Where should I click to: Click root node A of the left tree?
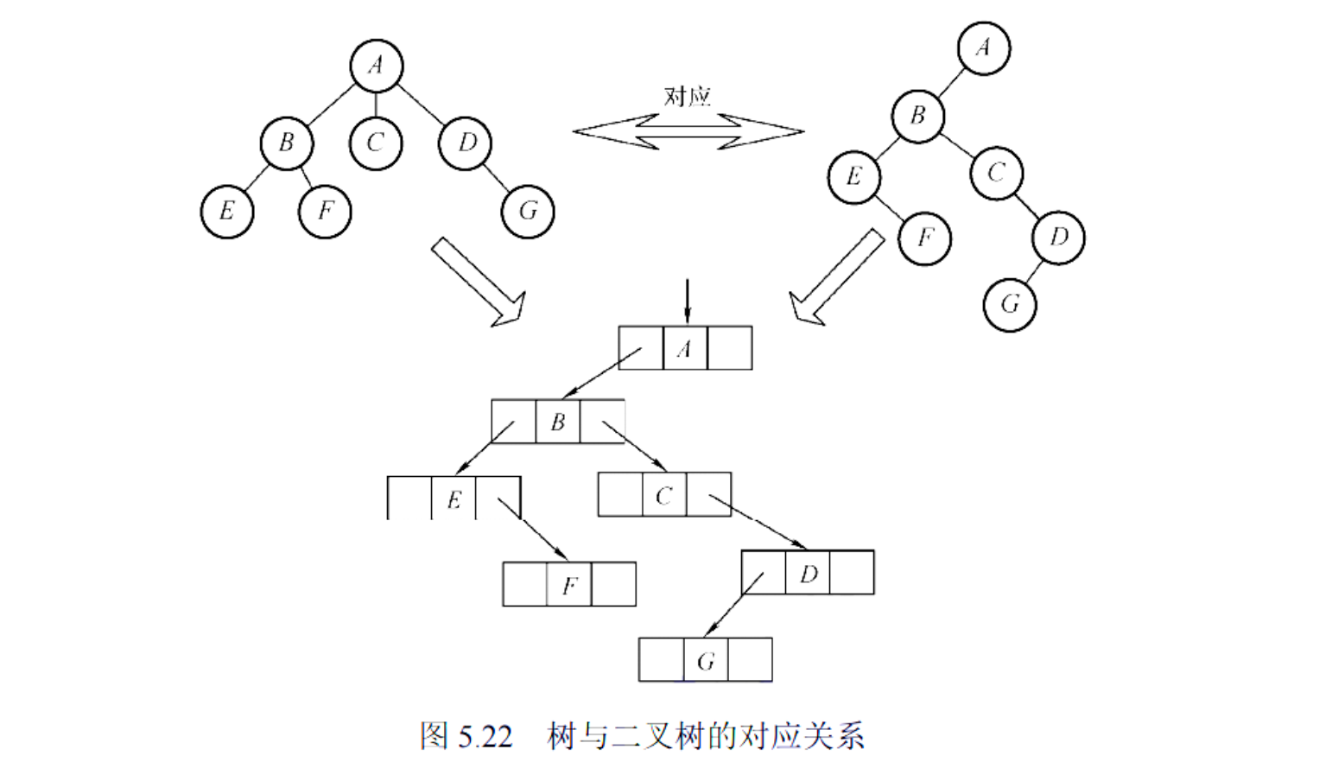click(x=376, y=66)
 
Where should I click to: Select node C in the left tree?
click(x=376, y=143)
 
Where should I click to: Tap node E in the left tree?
click(x=227, y=212)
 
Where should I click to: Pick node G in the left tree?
click(x=527, y=212)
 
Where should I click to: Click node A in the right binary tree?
click(x=983, y=48)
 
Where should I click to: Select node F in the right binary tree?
click(x=924, y=238)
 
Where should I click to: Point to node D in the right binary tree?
click(x=1058, y=238)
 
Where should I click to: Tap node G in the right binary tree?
click(x=1009, y=305)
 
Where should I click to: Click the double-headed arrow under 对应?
click(x=688, y=132)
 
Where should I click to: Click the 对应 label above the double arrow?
click(x=687, y=96)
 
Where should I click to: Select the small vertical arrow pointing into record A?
click(x=687, y=301)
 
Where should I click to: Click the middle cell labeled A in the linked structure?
click(x=685, y=348)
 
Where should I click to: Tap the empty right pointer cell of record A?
click(x=730, y=348)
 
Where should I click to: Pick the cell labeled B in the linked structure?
click(x=558, y=422)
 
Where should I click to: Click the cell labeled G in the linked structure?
click(x=706, y=661)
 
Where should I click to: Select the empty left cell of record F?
click(x=525, y=585)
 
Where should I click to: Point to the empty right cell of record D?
click(x=852, y=573)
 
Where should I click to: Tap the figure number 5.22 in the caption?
click(x=485, y=737)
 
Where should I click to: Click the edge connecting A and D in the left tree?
click(x=422, y=105)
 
